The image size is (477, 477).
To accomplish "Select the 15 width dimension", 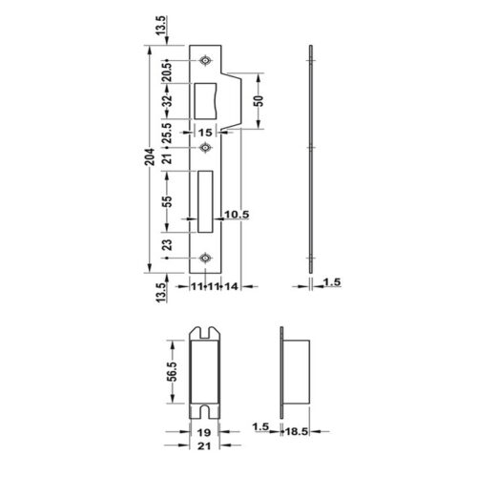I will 206,133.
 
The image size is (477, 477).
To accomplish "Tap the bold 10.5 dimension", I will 237,216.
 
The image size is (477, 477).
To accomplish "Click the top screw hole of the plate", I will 206,62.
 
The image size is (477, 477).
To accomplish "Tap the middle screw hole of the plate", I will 206,148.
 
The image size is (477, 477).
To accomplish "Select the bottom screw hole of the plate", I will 206,257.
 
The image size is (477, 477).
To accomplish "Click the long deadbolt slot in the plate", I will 206,202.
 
